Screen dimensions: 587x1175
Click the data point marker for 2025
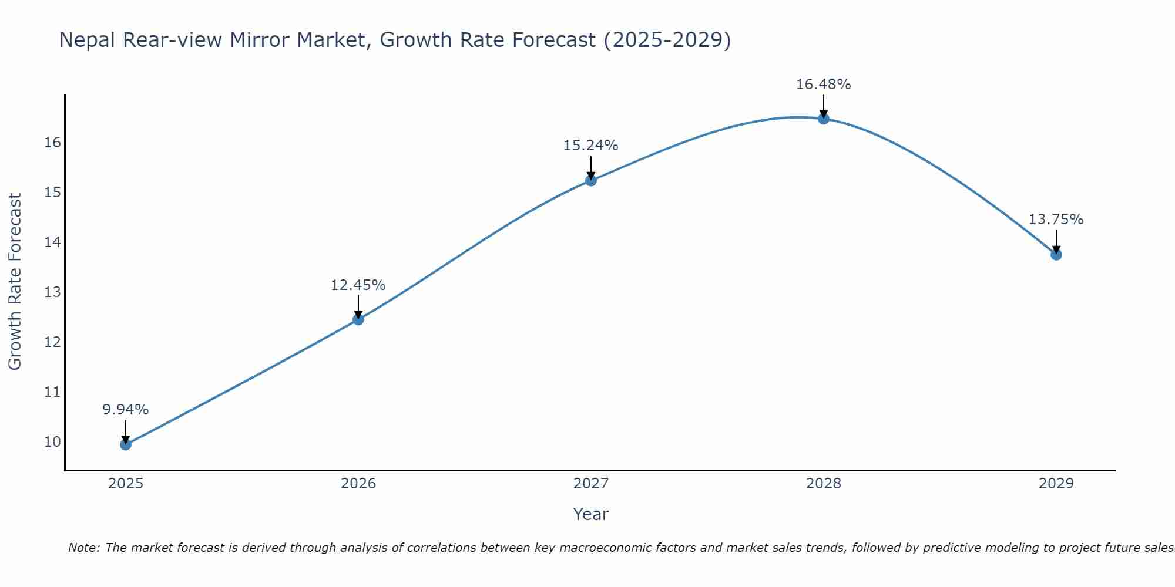pyautogui.click(x=126, y=444)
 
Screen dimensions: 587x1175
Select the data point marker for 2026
pyautogui.click(x=358, y=319)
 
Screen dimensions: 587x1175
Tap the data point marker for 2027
pyautogui.click(x=591, y=180)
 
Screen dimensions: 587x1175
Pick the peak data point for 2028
pyautogui.click(x=824, y=119)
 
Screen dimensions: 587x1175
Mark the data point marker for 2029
pyautogui.click(x=1056, y=255)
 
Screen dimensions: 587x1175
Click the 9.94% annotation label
pyautogui.click(x=126, y=410)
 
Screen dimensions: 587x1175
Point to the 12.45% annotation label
pyautogui.click(x=358, y=285)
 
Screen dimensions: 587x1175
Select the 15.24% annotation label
pyautogui.click(x=591, y=146)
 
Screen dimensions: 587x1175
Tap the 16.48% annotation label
pyautogui.click(x=824, y=85)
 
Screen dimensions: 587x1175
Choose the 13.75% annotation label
pyautogui.click(x=1056, y=220)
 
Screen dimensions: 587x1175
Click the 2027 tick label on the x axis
pyautogui.click(x=591, y=484)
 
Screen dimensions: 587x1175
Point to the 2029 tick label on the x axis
pyautogui.click(x=1056, y=484)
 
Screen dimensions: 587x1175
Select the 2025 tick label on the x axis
pyautogui.click(x=126, y=484)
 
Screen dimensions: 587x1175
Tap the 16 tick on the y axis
pyautogui.click(x=52, y=143)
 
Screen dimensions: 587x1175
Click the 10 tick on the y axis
pyautogui.click(x=52, y=441)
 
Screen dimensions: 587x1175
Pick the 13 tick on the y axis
pyautogui.click(x=52, y=292)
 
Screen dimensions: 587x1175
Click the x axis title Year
pyautogui.click(x=591, y=514)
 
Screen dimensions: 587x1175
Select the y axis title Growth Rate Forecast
pyautogui.click(x=15, y=282)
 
